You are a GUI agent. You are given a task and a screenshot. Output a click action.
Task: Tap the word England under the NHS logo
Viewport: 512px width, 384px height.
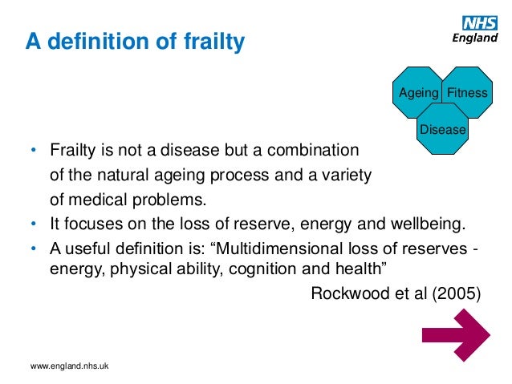[475, 38]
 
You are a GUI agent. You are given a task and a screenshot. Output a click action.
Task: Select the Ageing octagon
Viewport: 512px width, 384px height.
[417, 92]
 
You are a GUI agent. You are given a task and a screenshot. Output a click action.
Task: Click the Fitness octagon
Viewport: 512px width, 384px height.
[467, 92]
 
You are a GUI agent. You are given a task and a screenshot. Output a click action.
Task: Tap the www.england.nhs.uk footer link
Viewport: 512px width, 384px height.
[69, 366]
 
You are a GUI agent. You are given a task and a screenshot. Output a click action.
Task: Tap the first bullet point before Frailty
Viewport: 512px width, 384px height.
[34, 151]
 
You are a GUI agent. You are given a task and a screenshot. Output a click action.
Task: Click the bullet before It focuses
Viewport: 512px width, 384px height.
[34, 222]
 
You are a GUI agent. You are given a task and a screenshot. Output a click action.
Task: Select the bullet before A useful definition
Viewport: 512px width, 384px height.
[34, 246]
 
